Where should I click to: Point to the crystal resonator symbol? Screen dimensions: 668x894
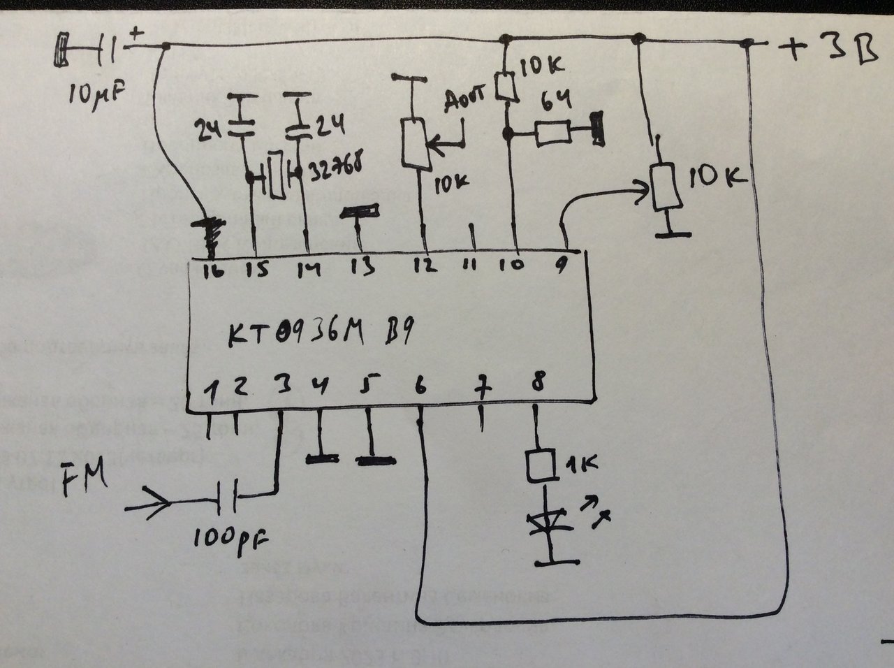tap(274, 175)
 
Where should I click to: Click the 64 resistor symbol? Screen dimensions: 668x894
tap(555, 133)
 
